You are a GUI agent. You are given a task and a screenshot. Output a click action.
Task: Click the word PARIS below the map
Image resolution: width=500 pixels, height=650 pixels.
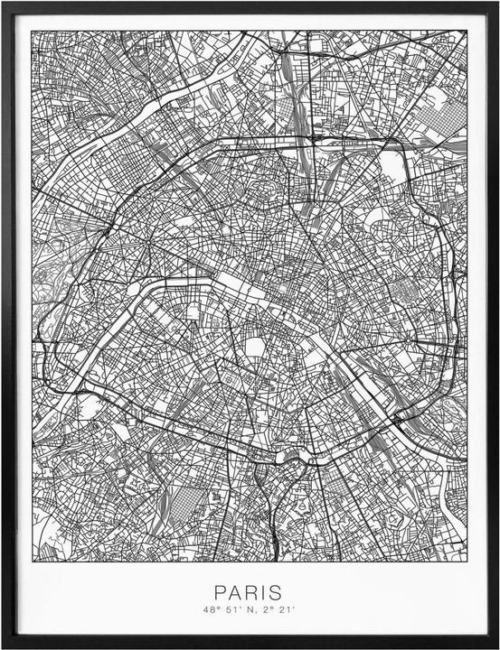[248, 593]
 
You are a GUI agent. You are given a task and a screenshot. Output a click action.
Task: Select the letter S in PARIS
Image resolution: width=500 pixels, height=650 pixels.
[276, 593]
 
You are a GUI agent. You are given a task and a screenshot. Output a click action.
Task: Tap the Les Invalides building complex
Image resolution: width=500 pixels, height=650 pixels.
[193, 312]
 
